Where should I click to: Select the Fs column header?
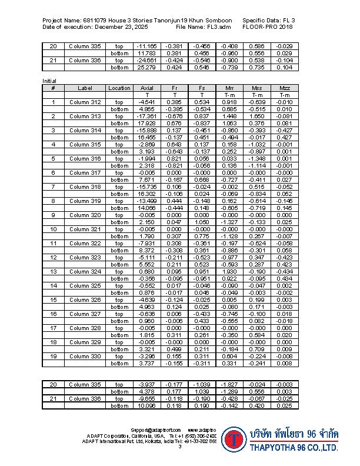coord(202,88)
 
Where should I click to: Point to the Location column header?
coord(119,88)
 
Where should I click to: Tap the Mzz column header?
coord(285,88)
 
